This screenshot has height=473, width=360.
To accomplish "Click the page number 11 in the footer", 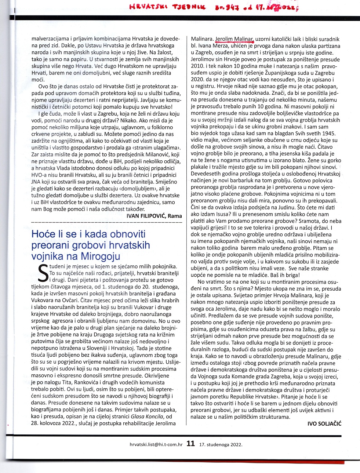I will (x=190, y=444).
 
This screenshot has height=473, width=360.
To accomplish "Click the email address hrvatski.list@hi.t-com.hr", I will (x=156, y=444).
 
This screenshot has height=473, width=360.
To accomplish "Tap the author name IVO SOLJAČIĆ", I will (x=324, y=423).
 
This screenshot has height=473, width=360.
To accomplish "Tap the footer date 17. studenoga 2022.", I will (x=221, y=444).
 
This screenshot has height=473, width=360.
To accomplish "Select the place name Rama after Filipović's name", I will (x=175, y=216).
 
